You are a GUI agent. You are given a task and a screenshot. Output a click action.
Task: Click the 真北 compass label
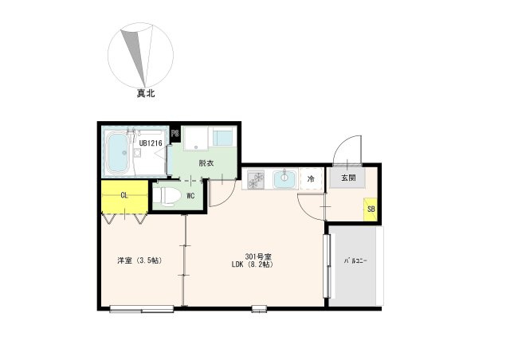tap(145, 94)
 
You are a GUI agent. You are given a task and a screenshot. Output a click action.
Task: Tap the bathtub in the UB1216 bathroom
tap(117, 152)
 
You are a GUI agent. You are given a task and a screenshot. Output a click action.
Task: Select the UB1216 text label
tap(151, 143)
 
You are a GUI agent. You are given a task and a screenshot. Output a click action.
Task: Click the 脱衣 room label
tap(206, 163)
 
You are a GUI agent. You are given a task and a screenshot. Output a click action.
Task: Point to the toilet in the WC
tap(167, 196)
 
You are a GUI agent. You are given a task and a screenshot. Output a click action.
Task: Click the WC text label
tap(190, 196)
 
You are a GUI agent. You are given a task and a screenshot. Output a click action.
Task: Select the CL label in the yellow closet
tap(124, 195)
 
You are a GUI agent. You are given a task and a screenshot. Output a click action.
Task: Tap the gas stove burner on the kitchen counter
tap(256, 180)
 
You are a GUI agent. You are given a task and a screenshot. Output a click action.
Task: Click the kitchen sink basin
tap(284, 179)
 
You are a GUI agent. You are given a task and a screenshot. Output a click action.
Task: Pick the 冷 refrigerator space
tap(311, 178)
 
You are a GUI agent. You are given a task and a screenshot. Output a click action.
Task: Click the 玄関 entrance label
tap(348, 178)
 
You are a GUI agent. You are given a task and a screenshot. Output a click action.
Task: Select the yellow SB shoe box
tap(371, 209)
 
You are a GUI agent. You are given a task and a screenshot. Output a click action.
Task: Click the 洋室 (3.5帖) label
tap(139, 260)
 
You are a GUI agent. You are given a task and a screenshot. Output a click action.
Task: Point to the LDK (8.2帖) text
tap(252, 264)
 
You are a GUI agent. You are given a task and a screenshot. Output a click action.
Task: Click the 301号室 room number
tap(258, 256)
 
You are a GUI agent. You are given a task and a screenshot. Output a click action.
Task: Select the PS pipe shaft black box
tap(175, 133)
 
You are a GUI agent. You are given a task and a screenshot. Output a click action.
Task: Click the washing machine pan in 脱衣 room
tap(195, 139)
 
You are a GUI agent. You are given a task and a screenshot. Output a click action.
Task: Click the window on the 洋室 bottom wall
tap(142, 309)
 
